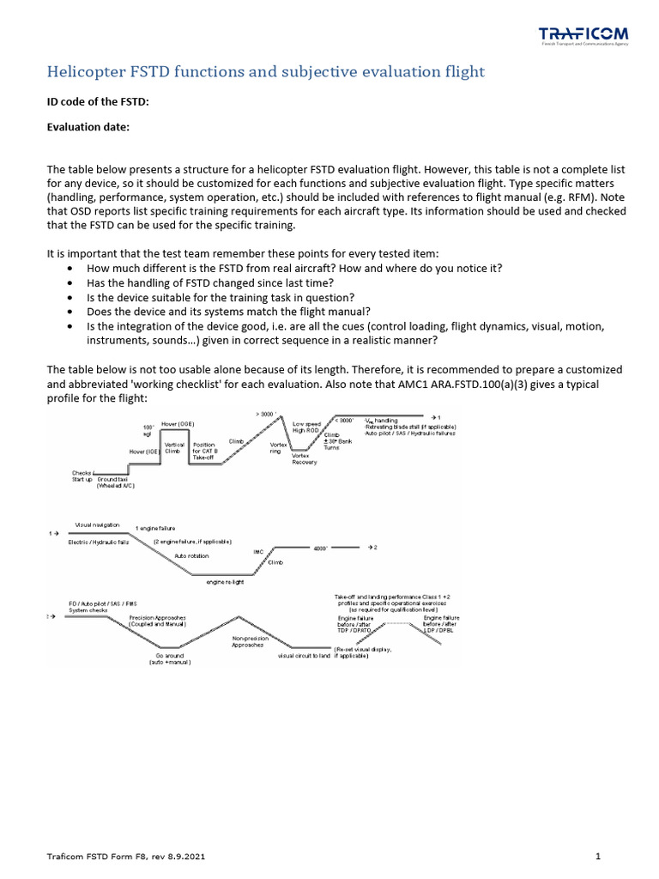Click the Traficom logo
pyautogui.click(x=583, y=36)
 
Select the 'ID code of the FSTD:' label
pyautogui.click(x=97, y=102)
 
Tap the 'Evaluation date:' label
pyautogui.click(x=88, y=127)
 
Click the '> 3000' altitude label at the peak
pyautogui.click(x=264, y=414)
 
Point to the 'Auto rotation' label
pyautogui.click(x=192, y=555)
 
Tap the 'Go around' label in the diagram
pyautogui.click(x=166, y=658)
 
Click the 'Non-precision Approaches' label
pyautogui.click(x=251, y=642)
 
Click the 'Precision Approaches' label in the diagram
pyautogui.click(x=160, y=621)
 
